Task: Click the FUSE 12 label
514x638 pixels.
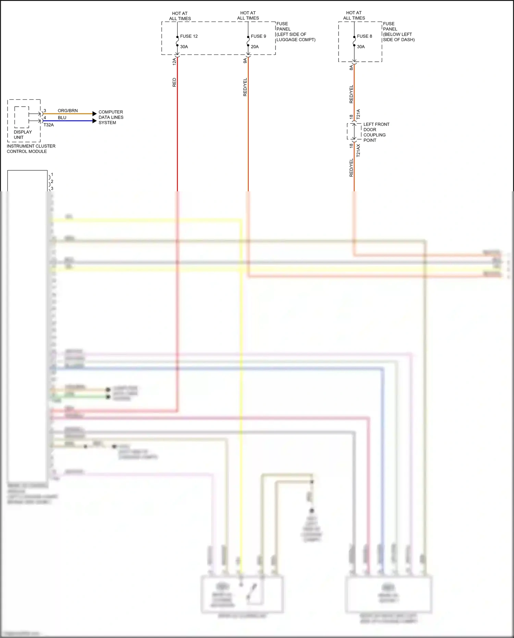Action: (x=189, y=36)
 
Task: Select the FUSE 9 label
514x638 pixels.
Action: (x=258, y=36)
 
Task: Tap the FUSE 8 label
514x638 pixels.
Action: (x=364, y=36)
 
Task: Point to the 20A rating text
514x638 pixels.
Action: (x=255, y=47)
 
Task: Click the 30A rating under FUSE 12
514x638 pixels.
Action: (x=184, y=47)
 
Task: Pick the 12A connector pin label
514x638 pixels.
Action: (x=174, y=62)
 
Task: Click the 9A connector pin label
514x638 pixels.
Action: (x=245, y=61)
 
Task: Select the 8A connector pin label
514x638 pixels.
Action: (x=351, y=68)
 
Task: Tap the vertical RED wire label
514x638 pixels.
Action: (x=174, y=82)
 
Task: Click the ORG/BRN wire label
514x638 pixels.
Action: (x=68, y=110)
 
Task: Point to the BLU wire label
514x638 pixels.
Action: (x=62, y=118)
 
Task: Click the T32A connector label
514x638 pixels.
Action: (x=49, y=125)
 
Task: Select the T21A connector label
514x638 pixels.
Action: (x=358, y=114)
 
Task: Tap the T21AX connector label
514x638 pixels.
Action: (x=358, y=151)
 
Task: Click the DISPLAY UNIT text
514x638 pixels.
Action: (x=23, y=134)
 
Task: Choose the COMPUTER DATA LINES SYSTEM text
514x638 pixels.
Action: (x=111, y=117)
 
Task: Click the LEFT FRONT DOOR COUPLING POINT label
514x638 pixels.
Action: (x=376, y=132)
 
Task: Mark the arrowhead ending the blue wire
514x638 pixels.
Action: (x=95, y=121)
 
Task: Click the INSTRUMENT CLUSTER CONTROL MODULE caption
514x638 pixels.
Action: (x=31, y=148)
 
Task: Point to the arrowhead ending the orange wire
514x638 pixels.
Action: (x=95, y=113)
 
